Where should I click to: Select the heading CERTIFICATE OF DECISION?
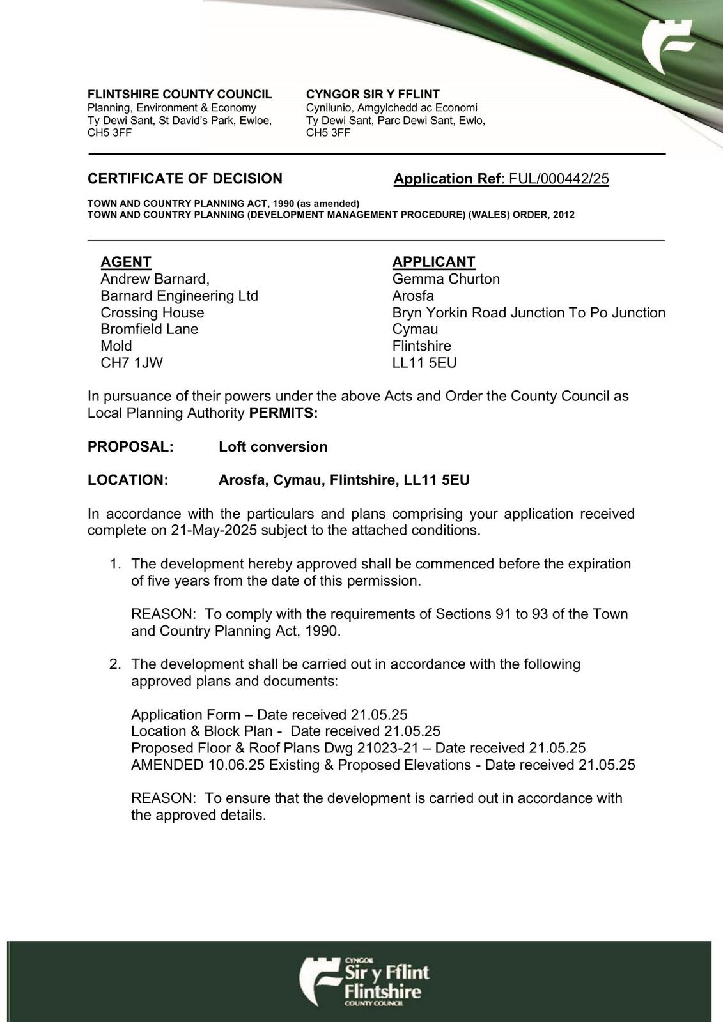pos(185,179)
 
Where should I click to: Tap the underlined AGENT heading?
pos(126,262)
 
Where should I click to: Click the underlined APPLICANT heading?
pos(433,262)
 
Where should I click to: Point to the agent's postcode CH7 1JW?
pos(132,363)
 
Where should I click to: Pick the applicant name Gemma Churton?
pos(446,279)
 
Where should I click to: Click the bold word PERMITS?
pos(283,413)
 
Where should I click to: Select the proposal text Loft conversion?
pos(273,446)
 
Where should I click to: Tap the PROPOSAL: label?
pos(130,446)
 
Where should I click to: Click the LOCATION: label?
pos(128,480)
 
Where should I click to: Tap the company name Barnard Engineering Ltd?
pos(179,296)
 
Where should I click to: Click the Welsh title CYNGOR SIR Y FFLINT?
pos(373,95)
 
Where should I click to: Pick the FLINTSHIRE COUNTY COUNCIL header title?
pos(180,95)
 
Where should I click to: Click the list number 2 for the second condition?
pos(115,664)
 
